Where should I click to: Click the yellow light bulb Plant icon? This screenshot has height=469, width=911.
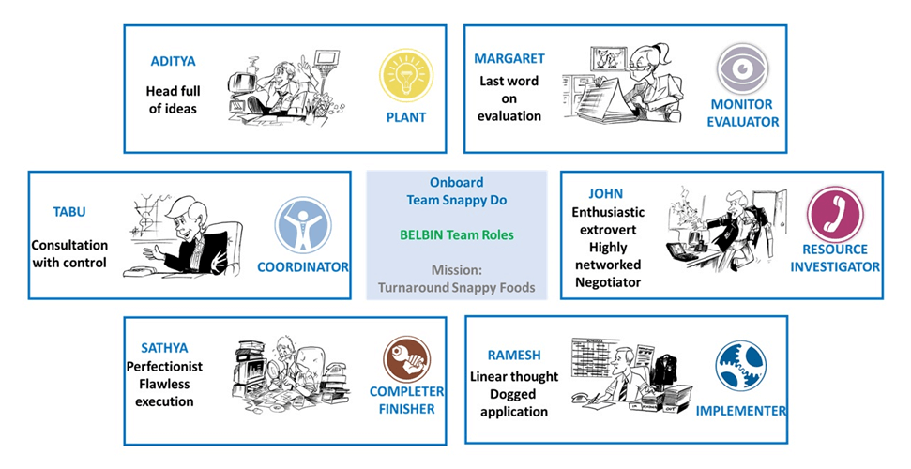(x=405, y=76)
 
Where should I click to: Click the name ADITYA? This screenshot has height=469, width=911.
(x=173, y=62)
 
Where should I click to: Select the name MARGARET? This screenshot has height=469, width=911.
(x=509, y=58)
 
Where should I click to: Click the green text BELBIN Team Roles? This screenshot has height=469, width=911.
(x=456, y=234)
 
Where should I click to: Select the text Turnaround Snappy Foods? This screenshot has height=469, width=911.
(x=457, y=287)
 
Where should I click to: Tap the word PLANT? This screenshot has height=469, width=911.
(x=405, y=117)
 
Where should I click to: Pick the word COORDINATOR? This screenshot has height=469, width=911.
(x=303, y=267)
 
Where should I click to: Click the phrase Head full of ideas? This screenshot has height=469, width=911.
(x=173, y=99)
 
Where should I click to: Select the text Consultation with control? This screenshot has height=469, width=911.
(x=69, y=253)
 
